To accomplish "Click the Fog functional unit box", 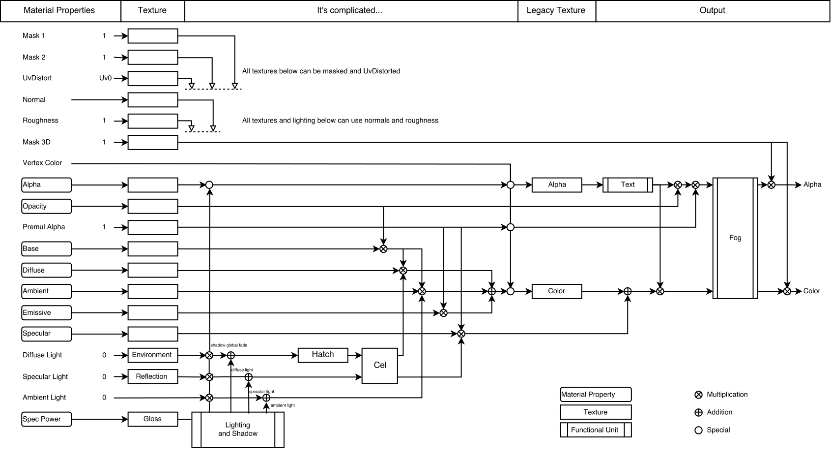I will point(735,238).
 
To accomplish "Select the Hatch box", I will point(323,355).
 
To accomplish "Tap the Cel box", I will point(380,366).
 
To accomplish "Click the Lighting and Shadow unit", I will point(238,430).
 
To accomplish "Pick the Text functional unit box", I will point(628,185).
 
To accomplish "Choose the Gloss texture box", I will point(152,419).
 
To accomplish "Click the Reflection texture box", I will point(152,377).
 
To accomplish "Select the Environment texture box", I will point(152,355).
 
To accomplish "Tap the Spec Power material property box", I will point(47,419).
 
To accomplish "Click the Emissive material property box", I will point(47,313).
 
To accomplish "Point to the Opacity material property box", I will point(47,207).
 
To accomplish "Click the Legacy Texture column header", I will point(556,10).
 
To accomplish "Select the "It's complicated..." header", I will point(350,10).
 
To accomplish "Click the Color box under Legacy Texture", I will point(556,291).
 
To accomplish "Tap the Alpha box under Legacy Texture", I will point(556,185).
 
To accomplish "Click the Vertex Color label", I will point(42,163).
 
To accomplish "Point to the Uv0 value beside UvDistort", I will point(105,78).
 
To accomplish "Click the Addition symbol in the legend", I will point(698,413).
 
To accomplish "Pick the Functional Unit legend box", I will point(595,430).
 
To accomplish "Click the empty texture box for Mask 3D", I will point(152,143).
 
